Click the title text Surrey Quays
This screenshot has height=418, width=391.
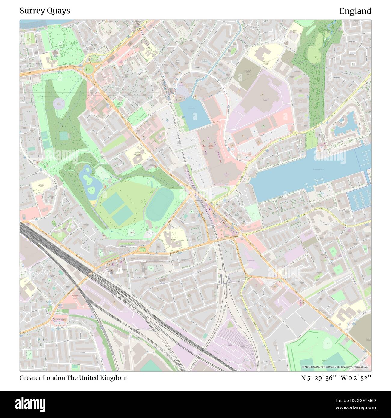coord(45,11)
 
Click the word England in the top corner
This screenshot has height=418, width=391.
coord(355,11)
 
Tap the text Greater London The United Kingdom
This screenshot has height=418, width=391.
coord(73,378)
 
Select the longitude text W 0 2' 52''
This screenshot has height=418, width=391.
coord(356,378)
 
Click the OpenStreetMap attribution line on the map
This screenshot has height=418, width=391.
coord(335,367)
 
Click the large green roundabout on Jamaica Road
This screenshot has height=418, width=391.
coord(89,69)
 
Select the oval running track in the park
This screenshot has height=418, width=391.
coord(159,204)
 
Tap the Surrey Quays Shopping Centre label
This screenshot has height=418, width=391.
coord(212,146)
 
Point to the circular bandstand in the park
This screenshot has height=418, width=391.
coord(59,104)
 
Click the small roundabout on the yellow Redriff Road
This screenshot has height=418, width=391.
coord(295,133)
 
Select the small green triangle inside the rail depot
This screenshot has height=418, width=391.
coord(230,325)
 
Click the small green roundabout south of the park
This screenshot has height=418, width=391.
coord(148,248)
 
